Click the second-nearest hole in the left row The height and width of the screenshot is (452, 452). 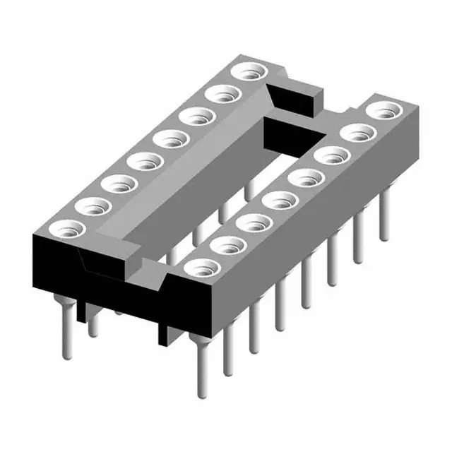92,206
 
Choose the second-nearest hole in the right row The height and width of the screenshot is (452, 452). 229,246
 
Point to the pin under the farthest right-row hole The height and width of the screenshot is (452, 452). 384,215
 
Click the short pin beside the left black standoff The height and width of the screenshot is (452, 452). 93,324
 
